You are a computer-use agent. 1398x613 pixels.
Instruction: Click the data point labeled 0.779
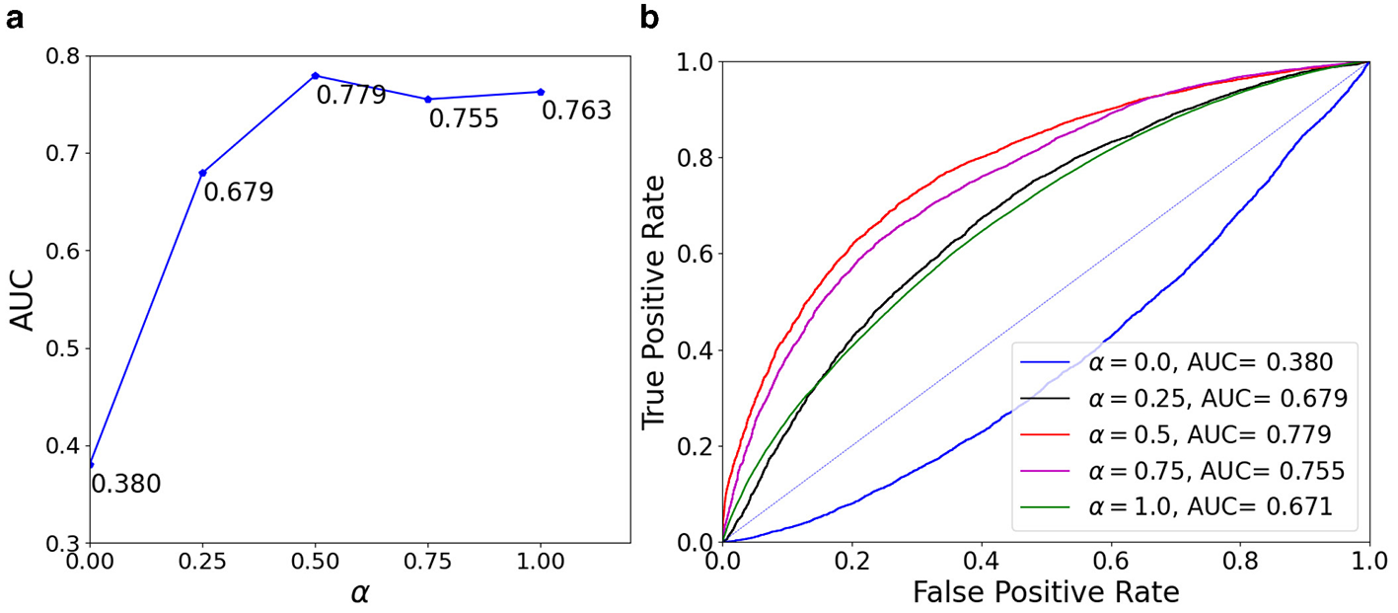tap(315, 76)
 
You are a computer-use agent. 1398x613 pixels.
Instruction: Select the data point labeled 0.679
tap(202, 173)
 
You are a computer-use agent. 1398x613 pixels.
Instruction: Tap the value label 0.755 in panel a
tap(463, 119)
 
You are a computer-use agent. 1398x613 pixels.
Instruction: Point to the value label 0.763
tap(576, 111)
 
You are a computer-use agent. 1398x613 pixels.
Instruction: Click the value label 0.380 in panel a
tap(125, 484)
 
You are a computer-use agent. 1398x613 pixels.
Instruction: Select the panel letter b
tap(651, 17)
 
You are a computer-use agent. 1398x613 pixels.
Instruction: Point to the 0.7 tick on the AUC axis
tap(63, 153)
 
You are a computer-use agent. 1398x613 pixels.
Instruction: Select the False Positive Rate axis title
tap(1046, 592)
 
